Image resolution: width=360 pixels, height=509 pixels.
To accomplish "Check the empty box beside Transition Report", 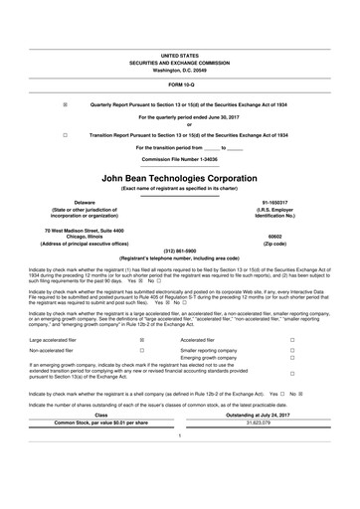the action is pos(66,132).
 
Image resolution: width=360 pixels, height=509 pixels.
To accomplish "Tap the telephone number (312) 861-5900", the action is pos(180,251).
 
